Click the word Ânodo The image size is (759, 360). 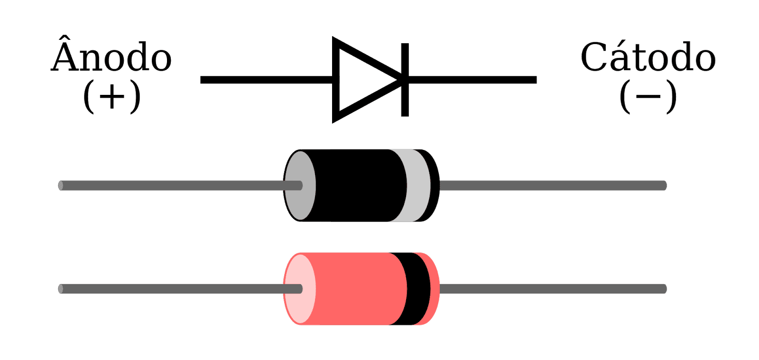click(111, 54)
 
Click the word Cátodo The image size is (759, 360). click(648, 56)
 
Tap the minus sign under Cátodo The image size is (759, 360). click(648, 97)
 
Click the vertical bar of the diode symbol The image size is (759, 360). click(405, 80)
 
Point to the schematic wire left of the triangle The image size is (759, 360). click(266, 80)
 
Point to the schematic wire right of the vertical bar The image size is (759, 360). click(472, 80)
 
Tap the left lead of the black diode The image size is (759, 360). click(180, 185)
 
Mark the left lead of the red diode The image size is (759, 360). click(180, 289)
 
